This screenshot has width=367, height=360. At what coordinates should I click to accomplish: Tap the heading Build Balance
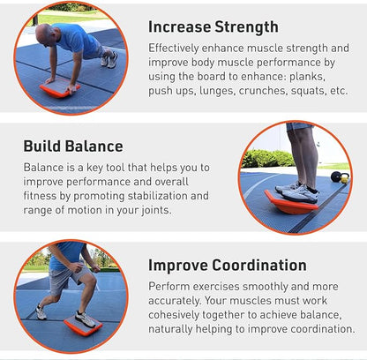[73, 146]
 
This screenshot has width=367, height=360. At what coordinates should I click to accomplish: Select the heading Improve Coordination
[228, 266]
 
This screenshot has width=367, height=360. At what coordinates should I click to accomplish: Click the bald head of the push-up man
[44, 34]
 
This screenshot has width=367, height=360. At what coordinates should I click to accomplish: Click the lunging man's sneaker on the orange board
[84, 319]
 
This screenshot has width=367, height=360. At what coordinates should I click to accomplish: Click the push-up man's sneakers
[109, 59]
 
